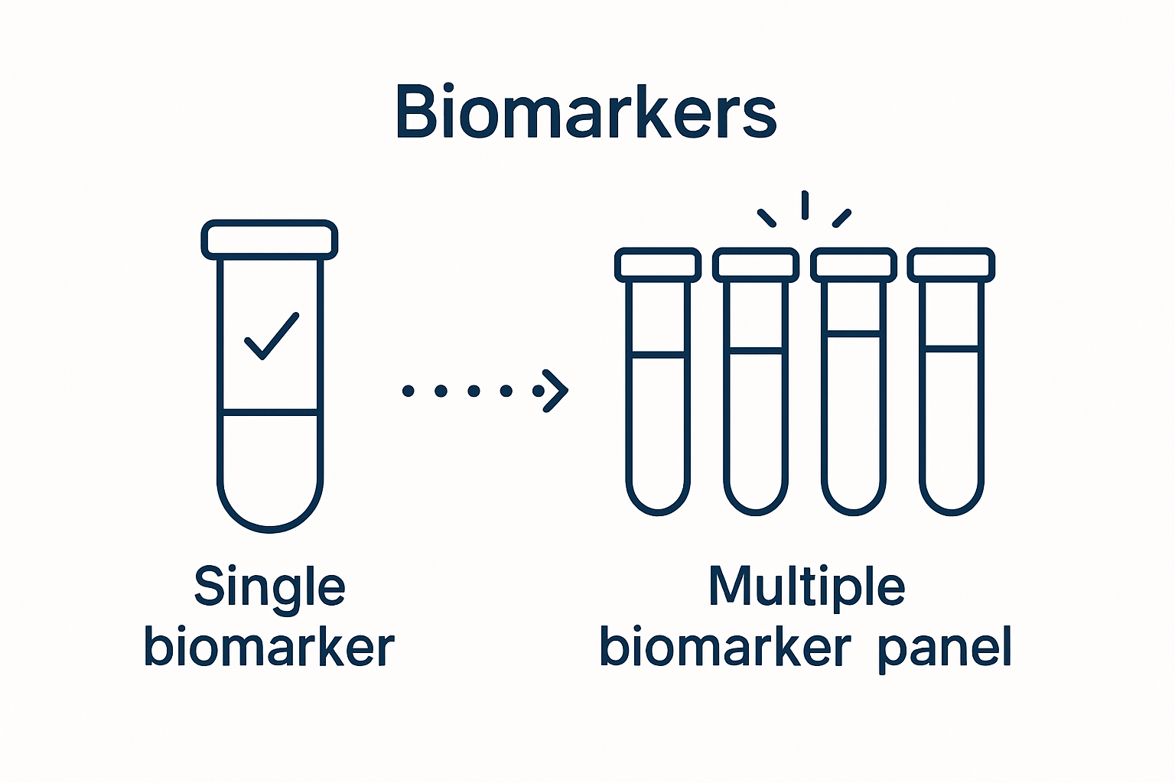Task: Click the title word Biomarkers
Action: point(586,113)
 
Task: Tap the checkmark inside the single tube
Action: point(272,336)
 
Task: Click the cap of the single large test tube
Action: point(269,239)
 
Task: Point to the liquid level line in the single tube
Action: point(269,412)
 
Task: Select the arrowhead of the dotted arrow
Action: point(556,391)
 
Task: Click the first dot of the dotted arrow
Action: point(408,391)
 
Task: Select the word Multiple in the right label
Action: point(806,587)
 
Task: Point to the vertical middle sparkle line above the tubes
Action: point(805,205)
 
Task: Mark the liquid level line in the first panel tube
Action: point(658,354)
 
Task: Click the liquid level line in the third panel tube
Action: point(854,333)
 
